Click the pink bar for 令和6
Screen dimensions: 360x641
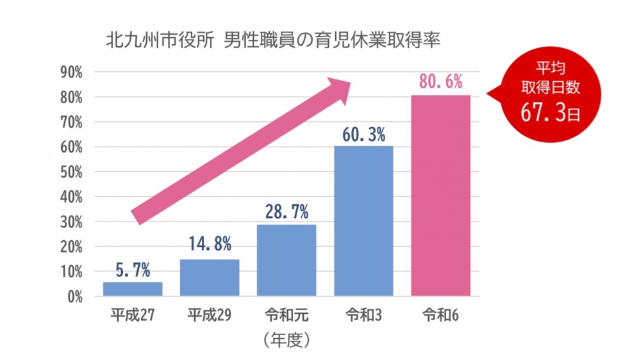440,195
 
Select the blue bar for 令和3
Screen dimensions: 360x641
363,221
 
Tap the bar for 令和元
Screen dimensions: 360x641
287,260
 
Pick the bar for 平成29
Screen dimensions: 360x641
210,277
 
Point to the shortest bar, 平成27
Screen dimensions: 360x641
133,289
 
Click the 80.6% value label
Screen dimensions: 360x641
440,83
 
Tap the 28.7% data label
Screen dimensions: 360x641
287,211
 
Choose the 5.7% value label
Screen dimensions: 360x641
133,271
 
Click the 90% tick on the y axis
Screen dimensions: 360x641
71,72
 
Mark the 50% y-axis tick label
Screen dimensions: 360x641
71,172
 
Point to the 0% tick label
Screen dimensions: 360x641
74,297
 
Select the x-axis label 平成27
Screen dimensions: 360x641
133,315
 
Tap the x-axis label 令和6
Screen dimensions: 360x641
440,315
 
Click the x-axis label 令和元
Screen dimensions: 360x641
287,315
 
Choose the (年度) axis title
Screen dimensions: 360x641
287,340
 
